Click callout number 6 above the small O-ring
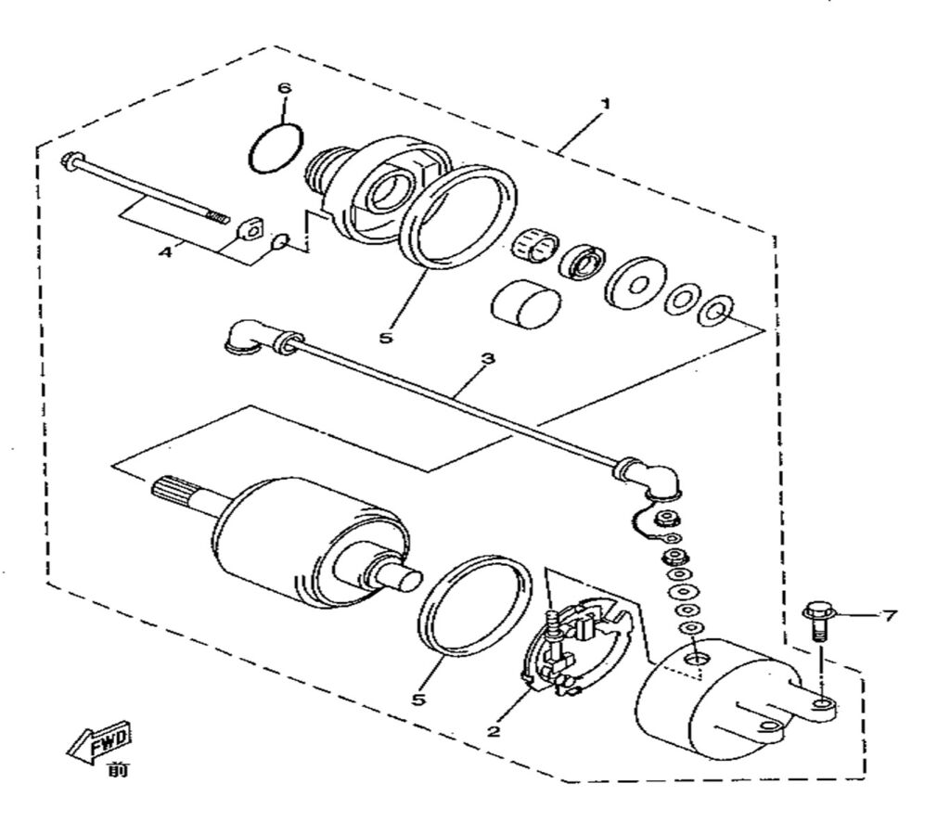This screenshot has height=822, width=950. pos(284,88)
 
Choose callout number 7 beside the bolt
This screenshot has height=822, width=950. pos(889,615)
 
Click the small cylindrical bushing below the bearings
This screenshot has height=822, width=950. pos(525,306)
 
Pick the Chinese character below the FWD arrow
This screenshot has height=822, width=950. pos(116,769)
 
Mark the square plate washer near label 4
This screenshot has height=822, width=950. pos(246,226)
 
